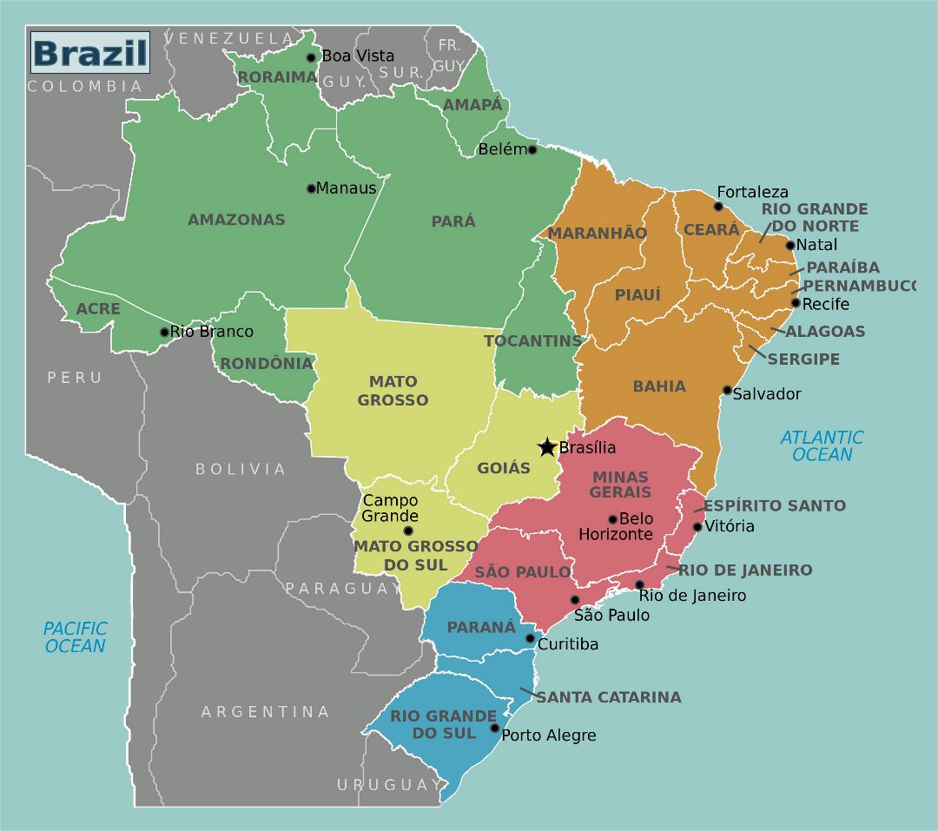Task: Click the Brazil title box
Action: pyautogui.click(x=89, y=53)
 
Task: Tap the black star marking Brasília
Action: pyautogui.click(x=547, y=447)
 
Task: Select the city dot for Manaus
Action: pyautogui.click(x=311, y=188)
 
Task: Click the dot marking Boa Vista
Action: pyautogui.click(x=311, y=57)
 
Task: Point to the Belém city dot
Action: pyautogui.click(x=532, y=149)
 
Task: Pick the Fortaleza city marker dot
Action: pyautogui.click(x=718, y=206)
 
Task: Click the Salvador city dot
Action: pyautogui.click(x=728, y=390)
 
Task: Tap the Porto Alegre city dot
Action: pyautogui.click(x=495, y=728)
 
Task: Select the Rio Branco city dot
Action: pyautogui.click(x=164, y=332)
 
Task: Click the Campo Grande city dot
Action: pyautogui.click(x=408, y=531)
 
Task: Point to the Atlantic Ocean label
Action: pyautogui.click(x=822, y=445)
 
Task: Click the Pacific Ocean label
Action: pyautogui.click(x=76, y=636)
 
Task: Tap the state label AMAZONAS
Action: pyautogui.click(x=236, y=220)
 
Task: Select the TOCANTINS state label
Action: pyautogui.click(x=532, y=340)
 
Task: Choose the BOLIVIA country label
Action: pyautogui.click(x=241, y=469)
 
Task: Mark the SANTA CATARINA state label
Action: pyautogui.click(x=608, y=697)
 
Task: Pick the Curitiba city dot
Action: pyautogui.click(x=531, y=638)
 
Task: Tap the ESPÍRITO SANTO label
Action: pyautogui.click(x=774, y=505)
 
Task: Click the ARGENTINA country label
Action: pyautogui.click(x=266, y=712)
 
